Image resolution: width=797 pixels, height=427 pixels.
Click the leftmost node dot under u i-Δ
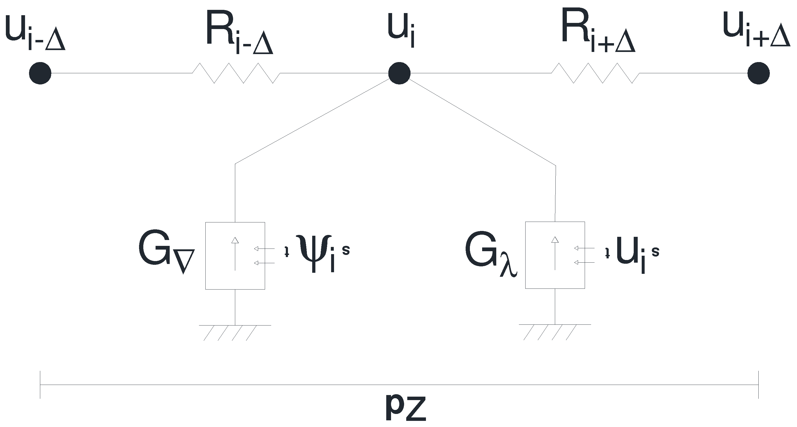pyautogui.click(x=40, y=73)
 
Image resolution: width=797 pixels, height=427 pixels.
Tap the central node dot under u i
pyautogui.click(x=399, y=73)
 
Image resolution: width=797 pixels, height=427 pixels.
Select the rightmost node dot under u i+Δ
pyautogui.click(x=758, y=73)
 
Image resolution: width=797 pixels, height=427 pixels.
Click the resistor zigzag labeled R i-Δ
pyautogui.click(x=236, y=73)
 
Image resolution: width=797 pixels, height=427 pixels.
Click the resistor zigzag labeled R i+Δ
pyautogui.click(x=595, y=73)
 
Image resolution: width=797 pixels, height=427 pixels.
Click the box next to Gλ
pyautogui.click(x=555, y=255)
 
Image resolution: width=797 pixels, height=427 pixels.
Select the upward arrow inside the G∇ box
pyautogui.click(x=235, y=254)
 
